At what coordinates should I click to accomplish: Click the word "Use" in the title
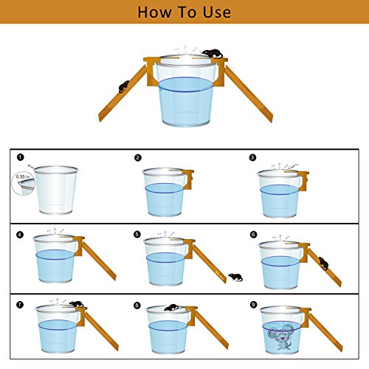217,13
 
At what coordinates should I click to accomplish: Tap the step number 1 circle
21,157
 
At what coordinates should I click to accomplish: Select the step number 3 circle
252,157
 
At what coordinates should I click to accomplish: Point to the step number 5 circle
137,235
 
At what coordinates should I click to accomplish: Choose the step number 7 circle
20,305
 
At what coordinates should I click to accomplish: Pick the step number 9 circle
253,305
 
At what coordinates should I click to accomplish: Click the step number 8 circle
137,306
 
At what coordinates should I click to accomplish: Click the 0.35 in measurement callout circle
24,183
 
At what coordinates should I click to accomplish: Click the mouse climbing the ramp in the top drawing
124,86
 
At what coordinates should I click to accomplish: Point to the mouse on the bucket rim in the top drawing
213,53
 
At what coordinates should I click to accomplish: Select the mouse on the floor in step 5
235,277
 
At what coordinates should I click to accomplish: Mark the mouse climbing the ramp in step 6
323,263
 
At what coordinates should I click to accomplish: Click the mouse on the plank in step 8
172,308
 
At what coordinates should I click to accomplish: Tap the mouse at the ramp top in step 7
76,304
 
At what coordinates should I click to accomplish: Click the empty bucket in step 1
56,190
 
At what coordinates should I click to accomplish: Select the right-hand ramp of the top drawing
249,94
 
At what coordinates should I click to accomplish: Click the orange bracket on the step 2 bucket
187,179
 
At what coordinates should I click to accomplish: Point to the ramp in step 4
99,261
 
